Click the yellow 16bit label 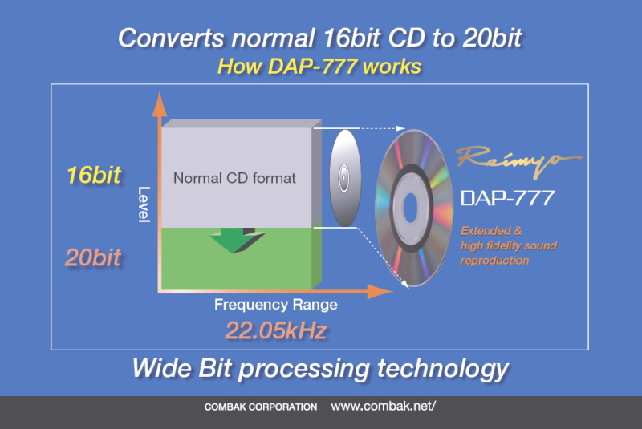(x=94, y=176)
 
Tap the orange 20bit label (x=93, y=257)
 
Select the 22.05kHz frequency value (x=276, y=330)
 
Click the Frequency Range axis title (x=276, y=305)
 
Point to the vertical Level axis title (x=144, y=204)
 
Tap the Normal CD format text (x=234, y=178)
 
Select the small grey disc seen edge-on (x=345, y=178)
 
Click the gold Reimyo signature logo (x=518, y=160)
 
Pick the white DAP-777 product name (x=508, y=198)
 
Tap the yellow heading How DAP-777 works (x=319, y=67)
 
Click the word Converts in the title (x=171, y=38)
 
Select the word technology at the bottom (x=443, y=370)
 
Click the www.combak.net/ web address (x=384, y=406)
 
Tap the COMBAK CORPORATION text (x=261, y=407)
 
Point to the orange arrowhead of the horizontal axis (x=380, y=291)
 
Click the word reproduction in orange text (x=494, y=261)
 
